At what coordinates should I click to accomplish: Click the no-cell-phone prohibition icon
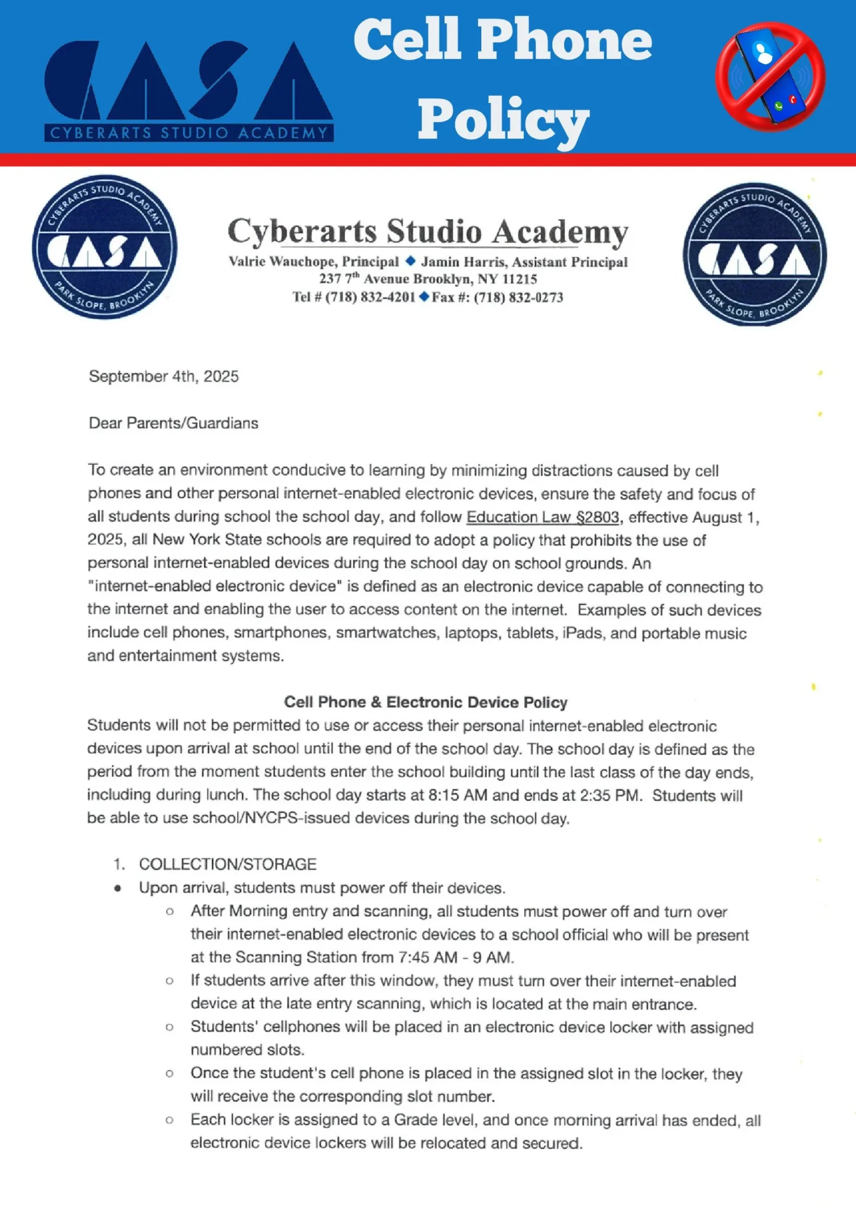pos(770,77)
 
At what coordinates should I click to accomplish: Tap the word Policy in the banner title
pos(503,120)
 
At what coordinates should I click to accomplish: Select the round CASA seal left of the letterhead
pos(105,247)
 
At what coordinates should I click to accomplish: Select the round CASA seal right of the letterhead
pos(755,254)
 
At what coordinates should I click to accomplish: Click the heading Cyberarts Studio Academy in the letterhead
pos(427,231)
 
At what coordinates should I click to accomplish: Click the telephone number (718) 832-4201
pos(370,297)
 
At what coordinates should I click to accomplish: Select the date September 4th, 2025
pos(164,377)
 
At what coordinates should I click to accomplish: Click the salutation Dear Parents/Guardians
pos(173,423)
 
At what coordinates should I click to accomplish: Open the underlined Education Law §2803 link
pos(543,517)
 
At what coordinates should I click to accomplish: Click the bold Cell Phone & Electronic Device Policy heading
pos(426,702)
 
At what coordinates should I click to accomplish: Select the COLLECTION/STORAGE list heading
pos(228,864)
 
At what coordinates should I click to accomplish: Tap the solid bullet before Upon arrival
pos(118,888)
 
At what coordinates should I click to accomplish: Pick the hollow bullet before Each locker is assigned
pos(170,1120)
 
